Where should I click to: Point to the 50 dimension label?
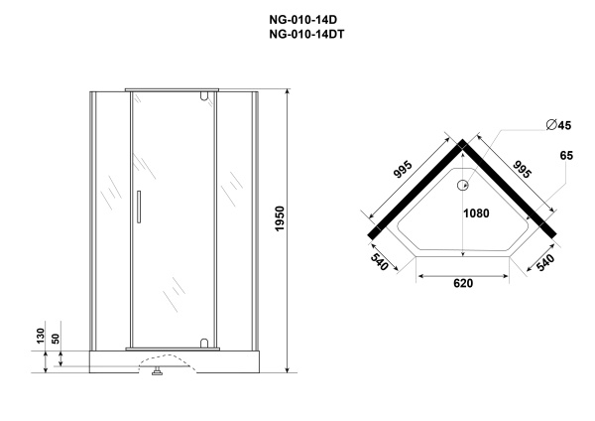(x=57, y=337)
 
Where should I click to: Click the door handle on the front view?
(x=140, y=206)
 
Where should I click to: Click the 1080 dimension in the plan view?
(x=481, y=211)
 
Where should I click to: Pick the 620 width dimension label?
(x=463, y=285)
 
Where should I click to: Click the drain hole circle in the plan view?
(x=463, y=184)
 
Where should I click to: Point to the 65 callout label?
(x=566, y=156)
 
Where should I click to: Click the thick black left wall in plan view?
(x=416, y=190)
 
